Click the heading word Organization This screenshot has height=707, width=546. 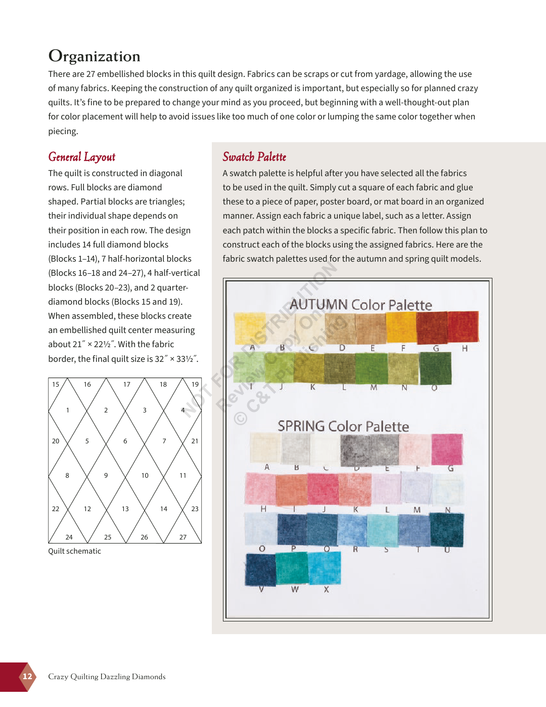(94, 56)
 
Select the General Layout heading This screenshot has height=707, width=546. (82, 157)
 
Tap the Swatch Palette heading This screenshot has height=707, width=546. (254, 157)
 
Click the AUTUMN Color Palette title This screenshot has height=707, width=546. (360, 305)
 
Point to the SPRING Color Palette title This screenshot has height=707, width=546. (343, 426)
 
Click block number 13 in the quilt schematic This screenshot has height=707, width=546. (125, 509)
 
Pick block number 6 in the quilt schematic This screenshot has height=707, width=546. (125, 441)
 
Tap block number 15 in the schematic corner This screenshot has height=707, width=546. (56, 384)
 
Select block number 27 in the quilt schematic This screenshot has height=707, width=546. (183, 537)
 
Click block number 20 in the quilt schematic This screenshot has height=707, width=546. (56, 441)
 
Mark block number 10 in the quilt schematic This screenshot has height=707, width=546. (145, 475)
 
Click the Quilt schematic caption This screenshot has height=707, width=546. (74, 551)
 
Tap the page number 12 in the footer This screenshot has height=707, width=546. (27, 677)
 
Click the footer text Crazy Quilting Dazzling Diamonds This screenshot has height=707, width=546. (107, 677)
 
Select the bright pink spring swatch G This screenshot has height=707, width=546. (447, 448)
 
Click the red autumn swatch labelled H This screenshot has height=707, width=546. (463, 326)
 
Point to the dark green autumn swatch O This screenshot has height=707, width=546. (435, 368)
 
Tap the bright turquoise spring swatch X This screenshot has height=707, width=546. (325, 568)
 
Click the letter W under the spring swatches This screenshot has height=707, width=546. (295, 590)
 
